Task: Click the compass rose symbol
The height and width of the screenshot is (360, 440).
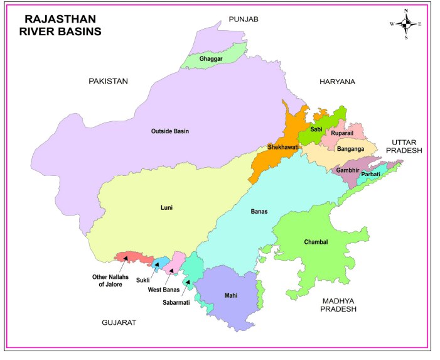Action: pyautogui.click(x=406, y=25)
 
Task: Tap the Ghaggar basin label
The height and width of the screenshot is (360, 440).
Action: pyautogui.click(x=211, y=59)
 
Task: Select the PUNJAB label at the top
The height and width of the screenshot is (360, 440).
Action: pyautogui.click(x=244, y=19)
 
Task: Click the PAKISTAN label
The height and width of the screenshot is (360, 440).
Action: pyautogui.click(x=108, y=81)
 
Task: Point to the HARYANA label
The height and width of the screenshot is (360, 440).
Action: pyautogui.click(x=337, y=82)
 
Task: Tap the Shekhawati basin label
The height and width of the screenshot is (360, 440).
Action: pyautogui.click(x=283, y=147)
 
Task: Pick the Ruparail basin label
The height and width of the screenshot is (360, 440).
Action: pyautogui.click(x=343, y=133)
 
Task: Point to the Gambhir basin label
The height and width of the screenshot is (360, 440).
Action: pyautogui.click(x=347, y=170)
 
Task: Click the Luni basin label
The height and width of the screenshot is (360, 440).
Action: pyautogui.click(x=166, y=207)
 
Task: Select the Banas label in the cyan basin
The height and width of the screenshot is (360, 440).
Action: pyautogui.click(x=259, y=212)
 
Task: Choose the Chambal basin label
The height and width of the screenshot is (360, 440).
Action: pyautogui.click(x=316, y=242)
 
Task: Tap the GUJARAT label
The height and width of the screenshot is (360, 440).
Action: pyautogui.click(x=119, y=322)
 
